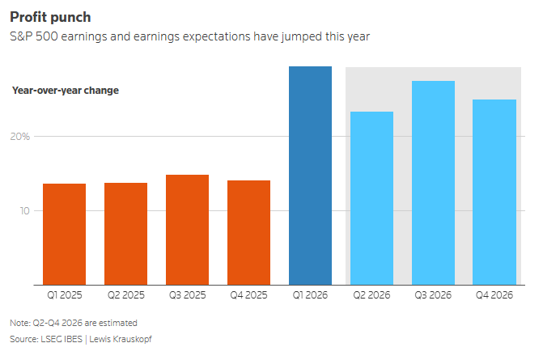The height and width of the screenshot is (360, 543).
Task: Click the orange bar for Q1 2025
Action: pyautogui.click(x=65, y=235)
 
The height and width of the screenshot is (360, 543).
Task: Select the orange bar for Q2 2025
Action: pyautogui.click(x=125, y=234)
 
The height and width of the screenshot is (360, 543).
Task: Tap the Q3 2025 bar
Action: pyautogui.click(x=188, y=230)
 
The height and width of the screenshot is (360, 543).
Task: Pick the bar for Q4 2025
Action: pyautogui.click(x=248, y=233)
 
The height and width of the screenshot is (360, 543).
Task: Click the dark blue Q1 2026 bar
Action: pyautogui.click(x=310, y=176)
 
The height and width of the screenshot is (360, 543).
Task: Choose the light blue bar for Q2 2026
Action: pyautogui.click(x=372, y=198)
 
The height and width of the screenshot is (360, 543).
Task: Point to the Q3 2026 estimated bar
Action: pyautogui.click(x=433, y=183)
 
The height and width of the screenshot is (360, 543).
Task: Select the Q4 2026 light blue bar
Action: pyautogui.click(x=494, y=192)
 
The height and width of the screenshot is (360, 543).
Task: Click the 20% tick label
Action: pyautogui.click(x=19, y=137)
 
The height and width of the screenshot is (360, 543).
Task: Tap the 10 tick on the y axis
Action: pyautogui.click(x=24, y=211)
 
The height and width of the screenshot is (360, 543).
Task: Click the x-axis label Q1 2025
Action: pyautogui.click(x=65, y=295)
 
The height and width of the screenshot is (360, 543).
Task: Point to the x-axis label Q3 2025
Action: pyautogui.click(x=188, y=295)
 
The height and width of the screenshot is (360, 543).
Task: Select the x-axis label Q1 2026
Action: pyautogui.click(x=310, y=295)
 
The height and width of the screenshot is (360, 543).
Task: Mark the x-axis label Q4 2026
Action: pyautogui.click(x=494, y=295)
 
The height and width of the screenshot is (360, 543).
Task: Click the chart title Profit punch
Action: pyautogui.click(x=50, y=17)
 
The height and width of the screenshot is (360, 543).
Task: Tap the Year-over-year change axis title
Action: pyautogui.click(x=66, y=91)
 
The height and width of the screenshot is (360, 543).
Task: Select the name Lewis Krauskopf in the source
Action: pyautogui.click(x=121, y=339)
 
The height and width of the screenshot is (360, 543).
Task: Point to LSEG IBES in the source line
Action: pyautogui.click(x=62, y=339)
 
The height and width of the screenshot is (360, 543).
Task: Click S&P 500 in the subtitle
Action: pyautogui.click(x=34, y=36)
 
